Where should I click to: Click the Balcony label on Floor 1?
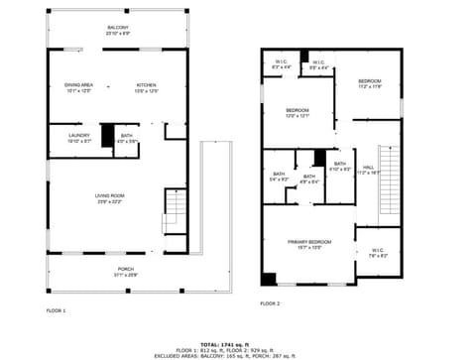pyautogui.click(x=117, y=30)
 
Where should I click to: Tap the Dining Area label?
pyautogui.click(x=78, y=88)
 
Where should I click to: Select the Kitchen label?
pyautogui.click(x=147, y=88)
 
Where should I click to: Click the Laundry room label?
pyautogui.click(x=79, y=138)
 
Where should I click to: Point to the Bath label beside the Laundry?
pyautogui.click(x=127, y=138)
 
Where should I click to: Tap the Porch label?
pyautogui.click(x=126, y=271)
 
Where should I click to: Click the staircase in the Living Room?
pyautogui.click(x=175, y=211)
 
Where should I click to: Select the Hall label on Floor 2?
pyautogui.click(x=368, y=170)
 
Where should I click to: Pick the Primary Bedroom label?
pyautogui.click(x=309, y=244)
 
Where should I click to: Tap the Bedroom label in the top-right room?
pyautogui.click(x=369, y=82)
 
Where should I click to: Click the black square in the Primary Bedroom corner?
pyautogui.click(x=269, y=278)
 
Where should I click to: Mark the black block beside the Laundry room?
pyautogui.click(x=107, y=136)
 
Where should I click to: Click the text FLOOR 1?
pyautogui.click(x=56, y=310)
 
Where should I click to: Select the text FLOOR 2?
pyautogui.click(x=270, y=303)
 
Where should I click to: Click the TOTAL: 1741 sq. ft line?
pyautogui.click(x=238, y=343)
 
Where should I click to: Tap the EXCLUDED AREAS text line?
pyautogui.click(x=238, y=354)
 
